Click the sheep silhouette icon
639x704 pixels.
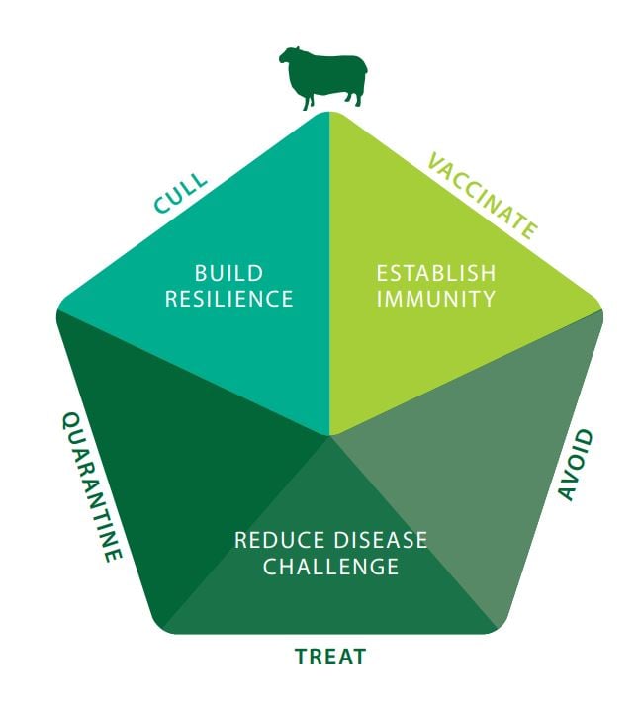(x=323, y=78)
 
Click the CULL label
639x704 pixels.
(x=181, y=193)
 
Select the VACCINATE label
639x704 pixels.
(x=483, y=196)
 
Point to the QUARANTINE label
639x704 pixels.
(x=92, y=486)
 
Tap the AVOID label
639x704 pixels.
(x=576, y=465)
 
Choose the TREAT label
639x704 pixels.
(x=330, y=657)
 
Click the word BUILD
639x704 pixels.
(x=228, y=274)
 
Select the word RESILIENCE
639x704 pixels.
(x=229, y=299)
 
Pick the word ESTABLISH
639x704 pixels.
(x=436, y=274)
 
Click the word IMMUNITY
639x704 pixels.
(x=435, y=299)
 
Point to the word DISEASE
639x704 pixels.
(x=381, y=540)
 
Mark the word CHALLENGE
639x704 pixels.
(x=330, y=567)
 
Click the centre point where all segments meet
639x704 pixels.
(x=329, y=435)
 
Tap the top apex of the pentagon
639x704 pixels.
(x=329, y=112)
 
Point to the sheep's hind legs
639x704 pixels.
(x=354, y=99)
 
